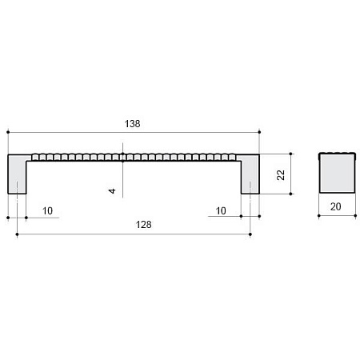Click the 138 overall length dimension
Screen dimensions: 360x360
pos(132,124)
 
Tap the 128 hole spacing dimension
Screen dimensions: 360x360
pos(143,225)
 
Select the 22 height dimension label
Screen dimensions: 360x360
pos(281,175)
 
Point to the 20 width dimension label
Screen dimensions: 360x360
pos(335,206)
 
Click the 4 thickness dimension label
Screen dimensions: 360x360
pos(112,190)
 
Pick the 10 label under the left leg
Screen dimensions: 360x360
pos(47,211)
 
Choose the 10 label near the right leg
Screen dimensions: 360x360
pos(221,211)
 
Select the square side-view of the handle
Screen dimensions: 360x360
pos(337,173)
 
